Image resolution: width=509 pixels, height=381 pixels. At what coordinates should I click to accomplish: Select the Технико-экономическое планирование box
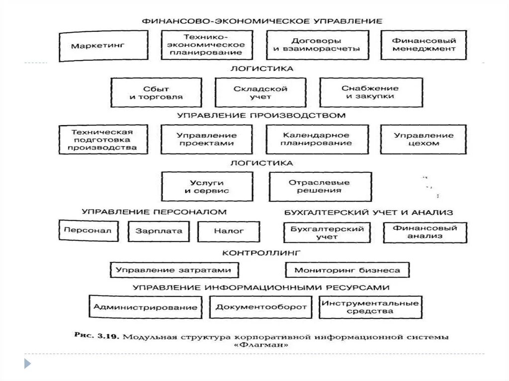tap(206, 45)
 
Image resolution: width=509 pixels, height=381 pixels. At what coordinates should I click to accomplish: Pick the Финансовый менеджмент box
tap(424, 45)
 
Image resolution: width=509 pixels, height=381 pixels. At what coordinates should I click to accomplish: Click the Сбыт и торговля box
tap(156, 92)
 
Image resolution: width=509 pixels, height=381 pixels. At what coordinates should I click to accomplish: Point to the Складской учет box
tap(260, 92)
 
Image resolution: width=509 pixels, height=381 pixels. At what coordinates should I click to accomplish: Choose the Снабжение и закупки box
tap(371, 92)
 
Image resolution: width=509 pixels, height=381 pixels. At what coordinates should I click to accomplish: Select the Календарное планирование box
tap(317, 139)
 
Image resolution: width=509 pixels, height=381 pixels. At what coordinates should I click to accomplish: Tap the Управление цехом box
tap(424, 139)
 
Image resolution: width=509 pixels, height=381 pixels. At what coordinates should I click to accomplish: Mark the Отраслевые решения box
tap(320, 186)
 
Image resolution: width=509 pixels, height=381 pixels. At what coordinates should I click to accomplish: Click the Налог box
tap(229, 231)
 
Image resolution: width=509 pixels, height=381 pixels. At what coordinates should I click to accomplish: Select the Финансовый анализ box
tap(425, 232)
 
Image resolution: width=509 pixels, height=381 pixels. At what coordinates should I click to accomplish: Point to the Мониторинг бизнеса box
tap(347, 270)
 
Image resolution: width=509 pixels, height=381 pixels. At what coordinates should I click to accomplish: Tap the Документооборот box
tap(261, 307)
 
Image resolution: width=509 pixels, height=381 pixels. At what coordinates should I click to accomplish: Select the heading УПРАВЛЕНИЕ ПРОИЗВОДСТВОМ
tap(261, 115)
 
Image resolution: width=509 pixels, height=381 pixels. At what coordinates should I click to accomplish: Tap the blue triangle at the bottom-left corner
tap(27, 363)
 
